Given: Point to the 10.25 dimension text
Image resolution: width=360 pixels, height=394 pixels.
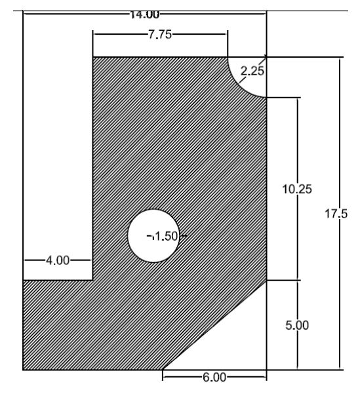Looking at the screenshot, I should point(283,189).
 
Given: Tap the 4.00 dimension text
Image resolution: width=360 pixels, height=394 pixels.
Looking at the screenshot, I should point(56,260).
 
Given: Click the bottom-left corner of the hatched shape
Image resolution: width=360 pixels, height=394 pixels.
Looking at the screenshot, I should point(24,370).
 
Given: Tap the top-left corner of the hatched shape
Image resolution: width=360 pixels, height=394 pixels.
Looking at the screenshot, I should point(93,58).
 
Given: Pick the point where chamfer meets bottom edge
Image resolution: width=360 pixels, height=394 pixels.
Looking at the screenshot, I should point(163,370).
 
